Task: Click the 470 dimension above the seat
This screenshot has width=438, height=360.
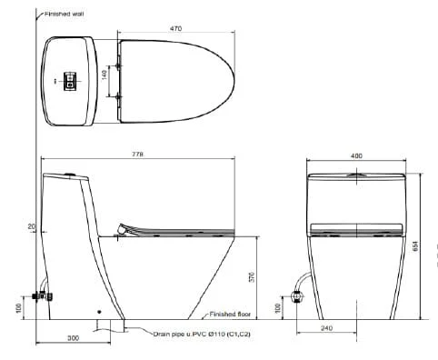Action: (x=175, y=28)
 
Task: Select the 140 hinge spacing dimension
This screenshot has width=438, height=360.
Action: (x=105, y=75)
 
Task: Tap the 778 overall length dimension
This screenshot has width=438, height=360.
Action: (x=137, y=155)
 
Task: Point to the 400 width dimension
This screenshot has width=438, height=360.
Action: (x=356, y=155)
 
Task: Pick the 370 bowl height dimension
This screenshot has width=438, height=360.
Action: (x=252, y=277)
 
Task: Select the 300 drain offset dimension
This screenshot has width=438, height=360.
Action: (x=73, y=338)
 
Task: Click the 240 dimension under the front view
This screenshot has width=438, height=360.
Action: (x=326, y=328)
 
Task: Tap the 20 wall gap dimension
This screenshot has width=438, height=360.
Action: (x=32, y=226)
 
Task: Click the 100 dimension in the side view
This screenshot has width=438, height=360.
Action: (x=19, y=308)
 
